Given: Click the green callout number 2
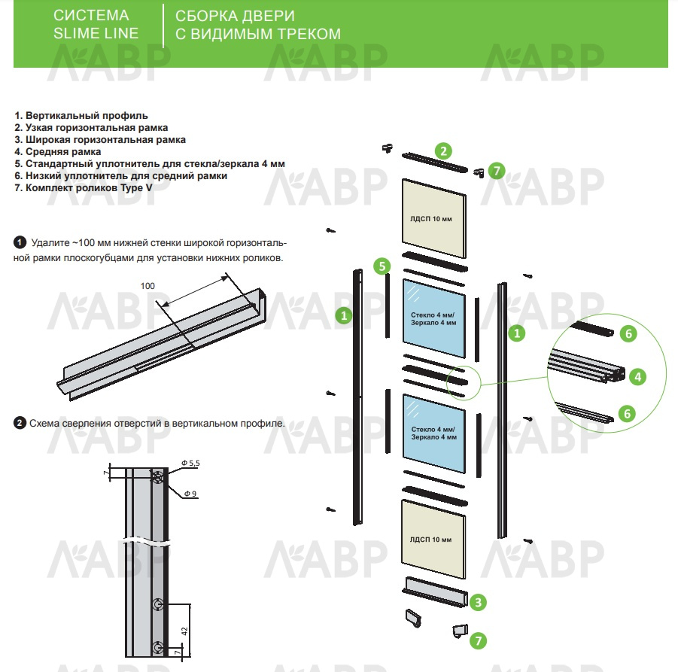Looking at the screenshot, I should click(x=445, y=151).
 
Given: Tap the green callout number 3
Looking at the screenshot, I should click(x=478, y=601).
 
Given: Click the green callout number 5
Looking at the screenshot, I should click(x=382, y=266).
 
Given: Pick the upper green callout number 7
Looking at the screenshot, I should click(x=495, y=171).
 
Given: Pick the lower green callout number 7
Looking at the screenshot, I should click(x=477, y=640).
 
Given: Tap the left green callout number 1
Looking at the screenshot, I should click(x=344, y=315).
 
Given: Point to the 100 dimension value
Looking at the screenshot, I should click(x=147, y=286).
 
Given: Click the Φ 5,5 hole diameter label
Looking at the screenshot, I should click(x=190, y=464).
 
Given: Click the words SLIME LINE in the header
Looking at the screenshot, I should click(x=96, y=33).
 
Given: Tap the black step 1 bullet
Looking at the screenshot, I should click(x=20, y=243).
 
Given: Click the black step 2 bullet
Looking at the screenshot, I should click(x=20, y=423).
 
